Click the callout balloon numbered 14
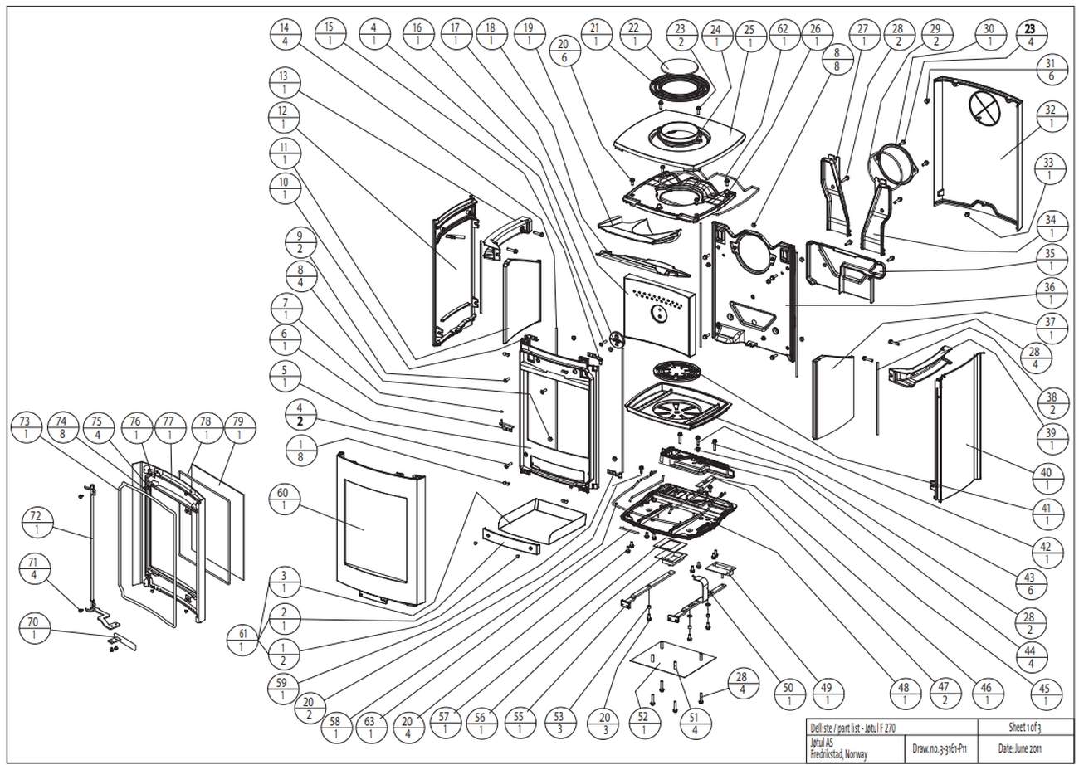tap(285, 34)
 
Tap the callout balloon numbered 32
tap(1050, 117)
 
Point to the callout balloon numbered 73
tap(26, 427)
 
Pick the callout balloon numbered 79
tap(241, 427)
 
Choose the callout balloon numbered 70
tap(34, 628)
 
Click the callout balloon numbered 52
tap(644, 722)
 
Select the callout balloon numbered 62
tap(783, 34)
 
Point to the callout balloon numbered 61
tap(242, 639)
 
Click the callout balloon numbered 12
tap(285, 117)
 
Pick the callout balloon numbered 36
tap(1050, 291)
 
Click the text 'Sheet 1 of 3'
tap(1025, 727)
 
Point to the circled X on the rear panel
tap(985, 106)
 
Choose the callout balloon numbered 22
tap(636, 34)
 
